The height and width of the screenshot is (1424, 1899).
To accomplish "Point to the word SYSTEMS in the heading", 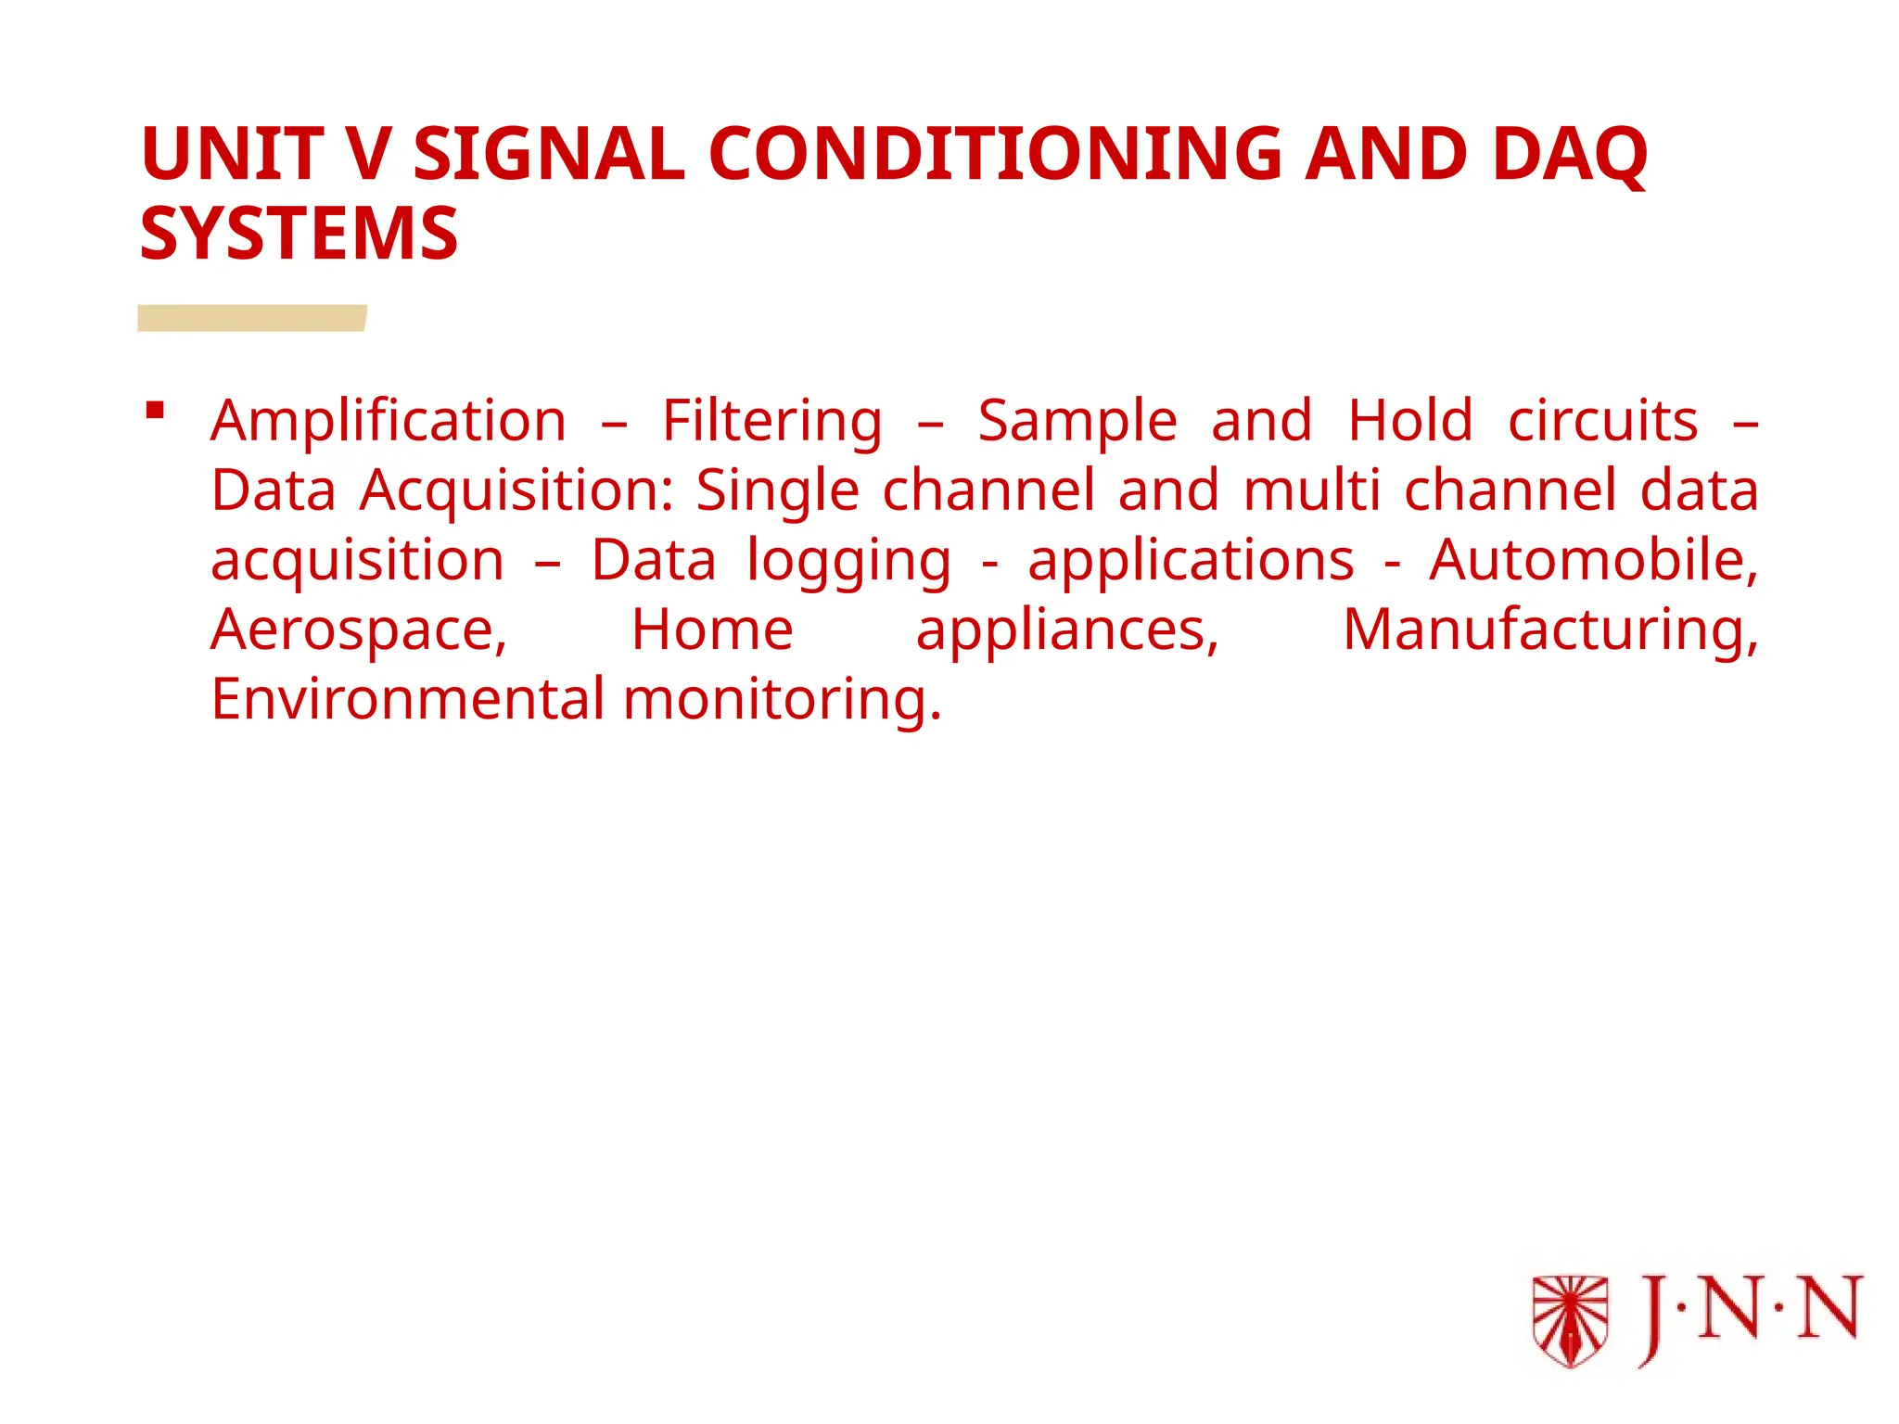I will tap(299, 234).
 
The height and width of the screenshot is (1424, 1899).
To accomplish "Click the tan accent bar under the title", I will tap(252, 318).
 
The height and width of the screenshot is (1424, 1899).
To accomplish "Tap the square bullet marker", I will tap(155, 410).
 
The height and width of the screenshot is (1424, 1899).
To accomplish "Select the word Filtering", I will tap(771, 423).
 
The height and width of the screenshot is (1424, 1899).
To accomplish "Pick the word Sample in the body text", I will tap(1077, 423).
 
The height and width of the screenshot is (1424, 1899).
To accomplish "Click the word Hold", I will tap(1409, 421).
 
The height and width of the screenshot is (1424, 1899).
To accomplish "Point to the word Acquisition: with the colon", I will tap(516, 491).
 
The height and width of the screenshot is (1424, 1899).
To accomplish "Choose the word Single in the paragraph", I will tap(777, 491).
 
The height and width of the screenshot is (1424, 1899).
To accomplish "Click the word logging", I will tap(848, 562).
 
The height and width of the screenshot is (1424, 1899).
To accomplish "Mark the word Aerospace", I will tap(359, 631).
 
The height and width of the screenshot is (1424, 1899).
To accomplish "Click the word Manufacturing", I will tap(1549, 631).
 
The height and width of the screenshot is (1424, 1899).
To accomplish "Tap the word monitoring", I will tap(782, 701).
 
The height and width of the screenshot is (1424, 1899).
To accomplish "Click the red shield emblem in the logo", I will tap(1570, 1320).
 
